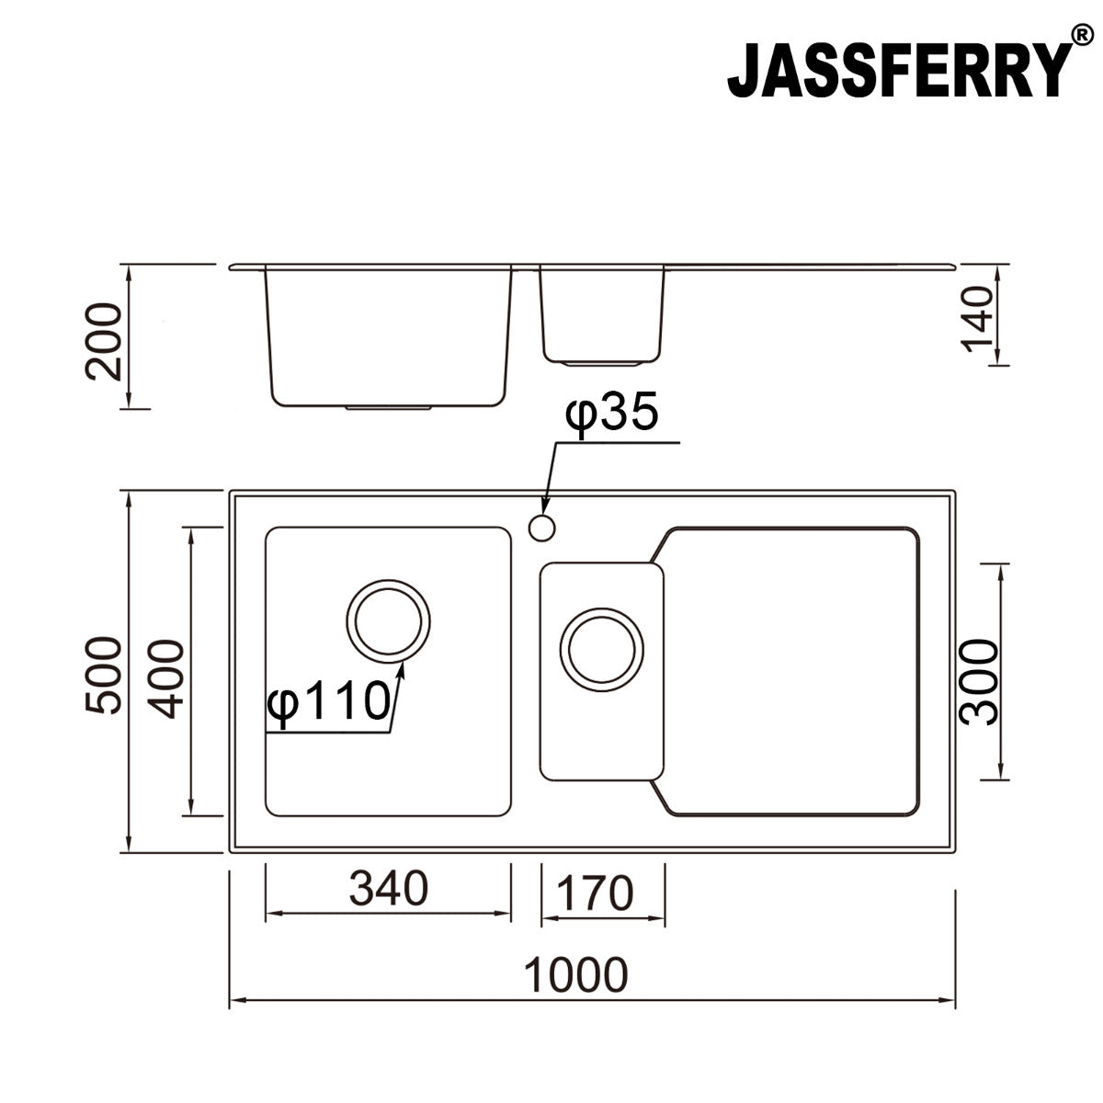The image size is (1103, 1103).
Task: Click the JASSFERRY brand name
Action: coord(899,71)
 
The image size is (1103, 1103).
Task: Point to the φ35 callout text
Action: coord(612,415)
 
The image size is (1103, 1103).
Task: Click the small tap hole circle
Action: coord(541,528)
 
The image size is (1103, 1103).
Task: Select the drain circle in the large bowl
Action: coord(389,620)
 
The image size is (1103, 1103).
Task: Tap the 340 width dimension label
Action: coord(388,889)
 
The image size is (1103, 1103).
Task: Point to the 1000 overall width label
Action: coord(576,975)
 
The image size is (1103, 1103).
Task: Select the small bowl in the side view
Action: coord(602,313)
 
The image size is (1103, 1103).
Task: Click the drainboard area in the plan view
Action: coord(790,671)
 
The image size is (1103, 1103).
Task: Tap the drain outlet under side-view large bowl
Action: coord(389,405)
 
